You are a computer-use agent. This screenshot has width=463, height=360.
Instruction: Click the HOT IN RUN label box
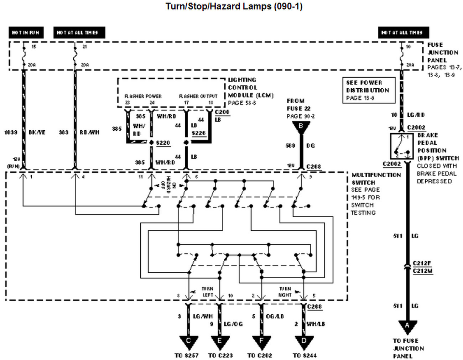pyautogui.click(x=26, y=32)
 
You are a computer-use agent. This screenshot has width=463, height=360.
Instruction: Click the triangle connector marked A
pyautogui.click(x=407, y=326)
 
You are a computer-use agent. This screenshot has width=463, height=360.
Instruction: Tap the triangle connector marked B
pyautogui.click(x=301, y=126)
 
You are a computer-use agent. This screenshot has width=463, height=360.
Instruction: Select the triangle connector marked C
pyautogui.click(x=188, y=341)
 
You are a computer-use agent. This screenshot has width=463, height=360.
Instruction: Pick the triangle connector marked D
pyautogui.click(x=304, y=341)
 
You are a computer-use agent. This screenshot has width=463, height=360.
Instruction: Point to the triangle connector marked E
pyautogui.click(x=219, y=341)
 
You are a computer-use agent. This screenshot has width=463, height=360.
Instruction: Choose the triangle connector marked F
pyautogui.click(x=261, y=341)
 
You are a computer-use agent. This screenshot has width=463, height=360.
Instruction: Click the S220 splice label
pyautogui.click(x=163, y=143)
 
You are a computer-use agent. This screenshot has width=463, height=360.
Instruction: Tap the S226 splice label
pyautogui.click(x=198, y=133)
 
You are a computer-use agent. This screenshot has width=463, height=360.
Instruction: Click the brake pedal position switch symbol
pyautogui.click(x=402, y=146)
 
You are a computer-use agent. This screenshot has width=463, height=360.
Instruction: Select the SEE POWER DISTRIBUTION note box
pyautogui.click(x=368, y=90)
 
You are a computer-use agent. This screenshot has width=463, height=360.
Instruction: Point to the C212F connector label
pyautogui.click(x=422, y=263)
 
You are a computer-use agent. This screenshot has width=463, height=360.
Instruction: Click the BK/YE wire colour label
pyautogui.click(x=37, y=132)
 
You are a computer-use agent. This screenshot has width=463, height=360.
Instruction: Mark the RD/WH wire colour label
pyautogui.click(x=89, y=132)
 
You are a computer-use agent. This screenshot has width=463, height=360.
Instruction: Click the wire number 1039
pyautogui.click(x=11, y=132)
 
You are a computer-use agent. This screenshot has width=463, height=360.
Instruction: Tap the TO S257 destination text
pyautogui.click(x=187, y=355)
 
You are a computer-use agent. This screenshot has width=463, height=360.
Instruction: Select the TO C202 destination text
pyautogui.click(x=260, y=355)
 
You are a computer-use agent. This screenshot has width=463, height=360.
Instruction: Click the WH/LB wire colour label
pyautogui.click(x=316, y=324)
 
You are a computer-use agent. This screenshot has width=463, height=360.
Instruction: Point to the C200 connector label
pyautogui.click(x=222, y=112)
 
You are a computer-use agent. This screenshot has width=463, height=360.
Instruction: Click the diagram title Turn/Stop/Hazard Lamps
pyautogui.click(x=234, y=6)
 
